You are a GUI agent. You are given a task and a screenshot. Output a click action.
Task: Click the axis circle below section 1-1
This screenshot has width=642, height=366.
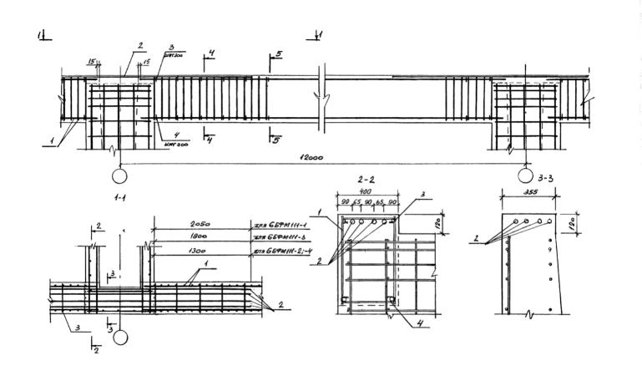coord(121,338)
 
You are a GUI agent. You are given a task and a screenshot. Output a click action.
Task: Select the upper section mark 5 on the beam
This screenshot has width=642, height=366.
coord(278,55)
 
